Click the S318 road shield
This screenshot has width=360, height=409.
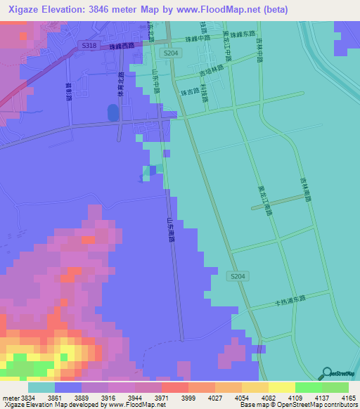coord(87,44)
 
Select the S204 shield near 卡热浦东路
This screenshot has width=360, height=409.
coord(238,278)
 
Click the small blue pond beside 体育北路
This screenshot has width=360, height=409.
coord(112,112)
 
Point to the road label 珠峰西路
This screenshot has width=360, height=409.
coord(121,46)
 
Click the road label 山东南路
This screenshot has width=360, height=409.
coord(169,231)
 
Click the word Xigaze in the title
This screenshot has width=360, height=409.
coord(22,9)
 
